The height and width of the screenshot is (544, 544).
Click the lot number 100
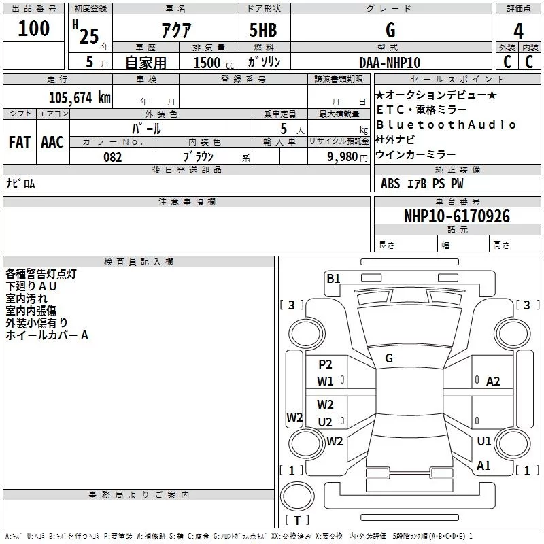point(34,29)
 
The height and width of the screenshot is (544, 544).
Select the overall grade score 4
point(519,31)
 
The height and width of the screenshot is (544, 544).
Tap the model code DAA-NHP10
point(390,63)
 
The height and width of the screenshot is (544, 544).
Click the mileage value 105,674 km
point(80,98)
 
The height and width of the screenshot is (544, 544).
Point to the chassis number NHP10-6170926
point(457,216)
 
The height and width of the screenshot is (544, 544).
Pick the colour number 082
point(112,157)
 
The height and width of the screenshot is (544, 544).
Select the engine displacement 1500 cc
point(211,63)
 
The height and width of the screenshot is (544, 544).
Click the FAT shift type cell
point(20,142)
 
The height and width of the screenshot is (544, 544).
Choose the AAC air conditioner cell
point(52,142)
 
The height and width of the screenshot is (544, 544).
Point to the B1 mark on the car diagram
point(333,278)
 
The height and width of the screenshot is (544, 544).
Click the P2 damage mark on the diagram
point(325,364)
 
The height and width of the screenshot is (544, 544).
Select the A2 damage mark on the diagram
point(493,381)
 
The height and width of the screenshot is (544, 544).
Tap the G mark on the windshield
point(389,358)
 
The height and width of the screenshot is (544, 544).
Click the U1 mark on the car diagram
point(484,441)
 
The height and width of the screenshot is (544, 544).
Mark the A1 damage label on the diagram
point(484,466)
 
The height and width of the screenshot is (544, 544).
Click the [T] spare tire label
point(297,520)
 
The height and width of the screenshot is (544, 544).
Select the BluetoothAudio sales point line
point(446,124)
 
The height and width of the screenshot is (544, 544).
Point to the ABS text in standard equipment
point(390,184)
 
